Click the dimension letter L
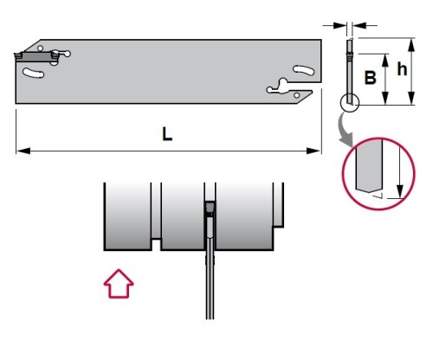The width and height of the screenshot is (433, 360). coord(167,134)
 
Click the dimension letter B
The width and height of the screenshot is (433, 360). coord(371,77)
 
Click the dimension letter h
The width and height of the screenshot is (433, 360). coord(402,69)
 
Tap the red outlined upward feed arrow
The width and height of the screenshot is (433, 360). coord(119,284)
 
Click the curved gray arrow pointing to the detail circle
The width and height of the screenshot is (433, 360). coord(345,130)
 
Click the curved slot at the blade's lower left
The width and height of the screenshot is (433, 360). coord(33,74)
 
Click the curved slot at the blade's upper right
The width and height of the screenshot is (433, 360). coord(304,70)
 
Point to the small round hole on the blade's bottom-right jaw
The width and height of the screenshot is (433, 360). coord(296,95)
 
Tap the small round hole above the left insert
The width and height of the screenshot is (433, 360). coord(41,48)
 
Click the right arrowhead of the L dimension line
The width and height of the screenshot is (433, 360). coord(313,151)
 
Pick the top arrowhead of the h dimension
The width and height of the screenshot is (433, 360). coord(411,45)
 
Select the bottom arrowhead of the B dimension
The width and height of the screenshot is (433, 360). coord(385,97)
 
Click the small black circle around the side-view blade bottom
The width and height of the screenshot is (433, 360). coord(350,103)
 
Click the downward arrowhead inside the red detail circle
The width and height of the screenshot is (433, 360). coord(400,191)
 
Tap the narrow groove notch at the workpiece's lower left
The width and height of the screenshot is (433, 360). coord(156,245)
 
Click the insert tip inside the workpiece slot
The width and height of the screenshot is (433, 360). coord(210,207)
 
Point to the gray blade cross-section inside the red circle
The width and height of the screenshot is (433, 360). coord(369,166)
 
